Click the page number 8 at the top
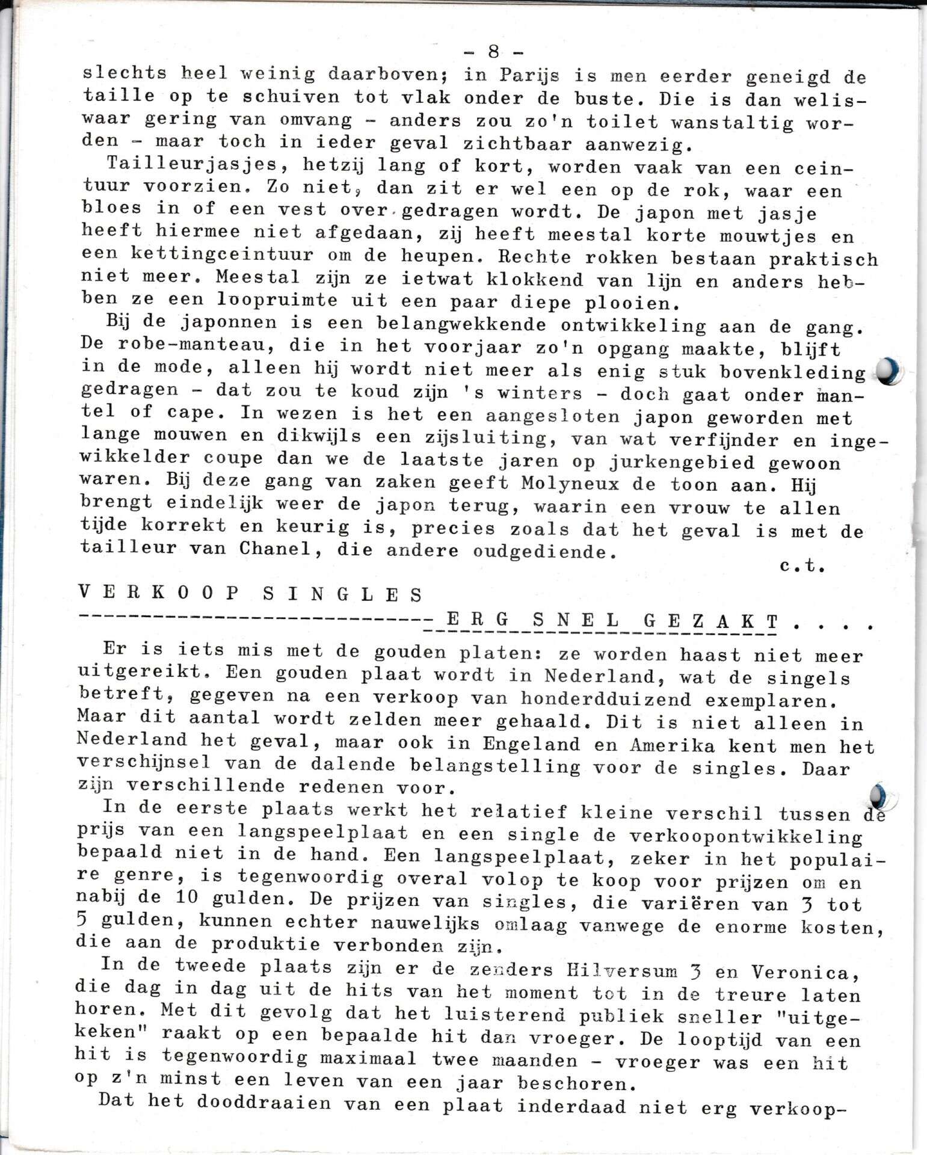(493, 52)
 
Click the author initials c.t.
(801, 566)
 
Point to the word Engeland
(531, 744)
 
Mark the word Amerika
(672, 745)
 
